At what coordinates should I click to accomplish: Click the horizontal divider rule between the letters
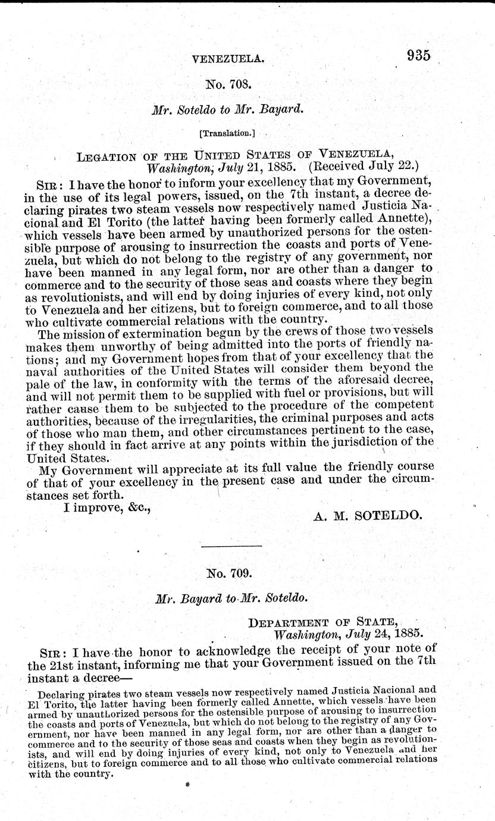tap(232, 546)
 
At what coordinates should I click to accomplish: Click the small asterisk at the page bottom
tap(187, 785)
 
